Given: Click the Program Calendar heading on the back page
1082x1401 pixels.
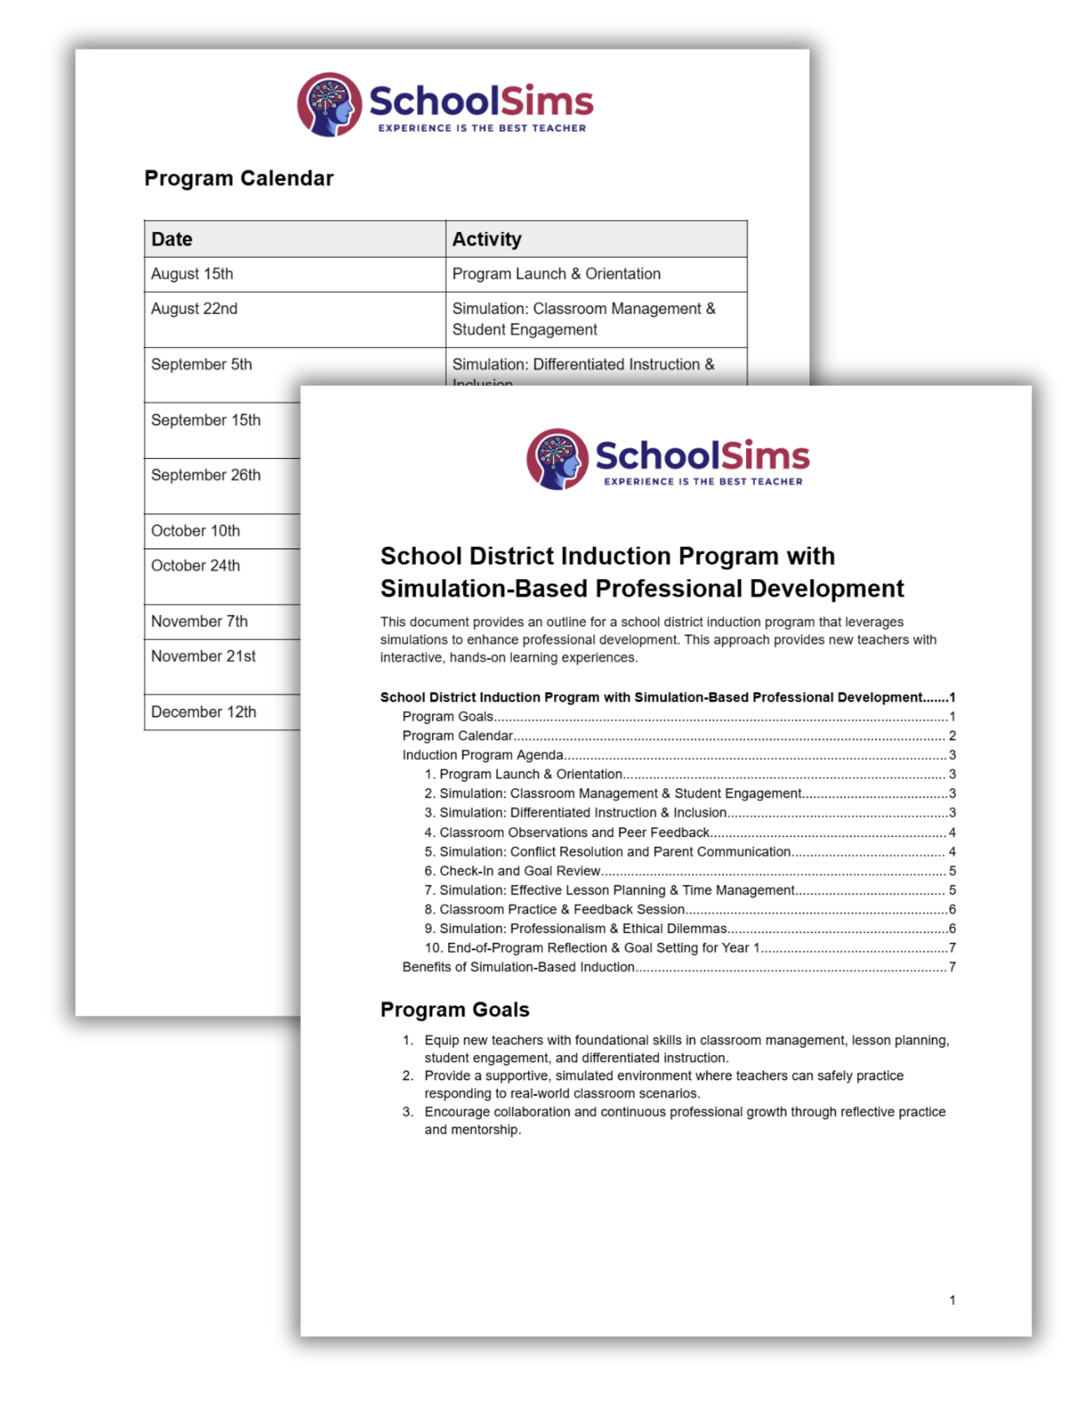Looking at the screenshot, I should pos(239,179).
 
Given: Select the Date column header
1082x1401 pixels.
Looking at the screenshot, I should pos(172,240).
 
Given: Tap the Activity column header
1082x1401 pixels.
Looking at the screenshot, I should pos(487,240).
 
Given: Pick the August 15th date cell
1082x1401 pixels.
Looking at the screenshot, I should pos(193,274).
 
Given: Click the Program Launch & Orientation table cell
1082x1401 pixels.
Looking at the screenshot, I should pos(556,274).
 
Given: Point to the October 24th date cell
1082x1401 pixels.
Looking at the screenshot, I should pos(196,566).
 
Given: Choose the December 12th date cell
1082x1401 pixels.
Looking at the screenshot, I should pos(204,712).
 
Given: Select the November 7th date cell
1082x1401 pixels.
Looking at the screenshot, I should pos(200,621).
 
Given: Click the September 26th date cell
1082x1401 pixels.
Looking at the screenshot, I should pos(206,476).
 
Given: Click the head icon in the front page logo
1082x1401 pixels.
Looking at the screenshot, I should pos(557,459).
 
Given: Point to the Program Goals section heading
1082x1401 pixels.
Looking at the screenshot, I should pos(455,1009).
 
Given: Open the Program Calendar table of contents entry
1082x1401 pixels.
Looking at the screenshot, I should pos(457,736).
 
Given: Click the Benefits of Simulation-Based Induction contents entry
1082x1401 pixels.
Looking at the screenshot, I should pos(518,967).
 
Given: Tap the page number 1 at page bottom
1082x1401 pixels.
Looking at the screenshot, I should pos(952,1300).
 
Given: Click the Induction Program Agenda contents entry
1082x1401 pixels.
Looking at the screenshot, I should pos(483,755).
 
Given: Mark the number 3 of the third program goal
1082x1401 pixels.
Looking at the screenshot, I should pos(407,1112).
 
